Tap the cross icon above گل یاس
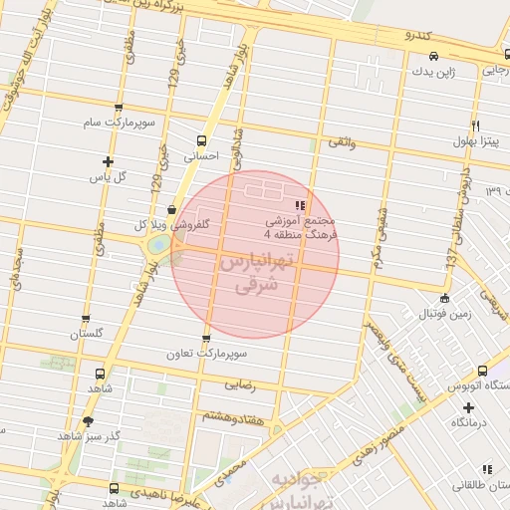pos(108,161)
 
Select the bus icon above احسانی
pos(201,140)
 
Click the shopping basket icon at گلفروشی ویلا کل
pos(173,210)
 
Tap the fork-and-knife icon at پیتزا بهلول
pos(475,126)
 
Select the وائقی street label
pos(341,143)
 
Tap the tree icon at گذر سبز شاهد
pos(89,421)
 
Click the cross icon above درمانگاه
pos(468,407)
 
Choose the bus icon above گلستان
pos(86,320)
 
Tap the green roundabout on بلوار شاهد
pos(157,245)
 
